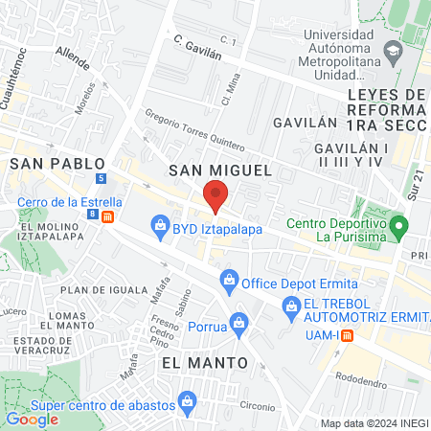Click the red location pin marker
click(x=215, y=196)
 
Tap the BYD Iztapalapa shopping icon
click(x=159, y=226)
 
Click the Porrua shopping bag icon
click(x=238, y=326)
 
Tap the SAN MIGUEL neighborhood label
click(x=215, y=170)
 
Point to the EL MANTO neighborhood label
click(x=204, y=362)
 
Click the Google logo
click(x=32, y=419)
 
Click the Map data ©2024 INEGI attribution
click(x=373, y=423)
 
